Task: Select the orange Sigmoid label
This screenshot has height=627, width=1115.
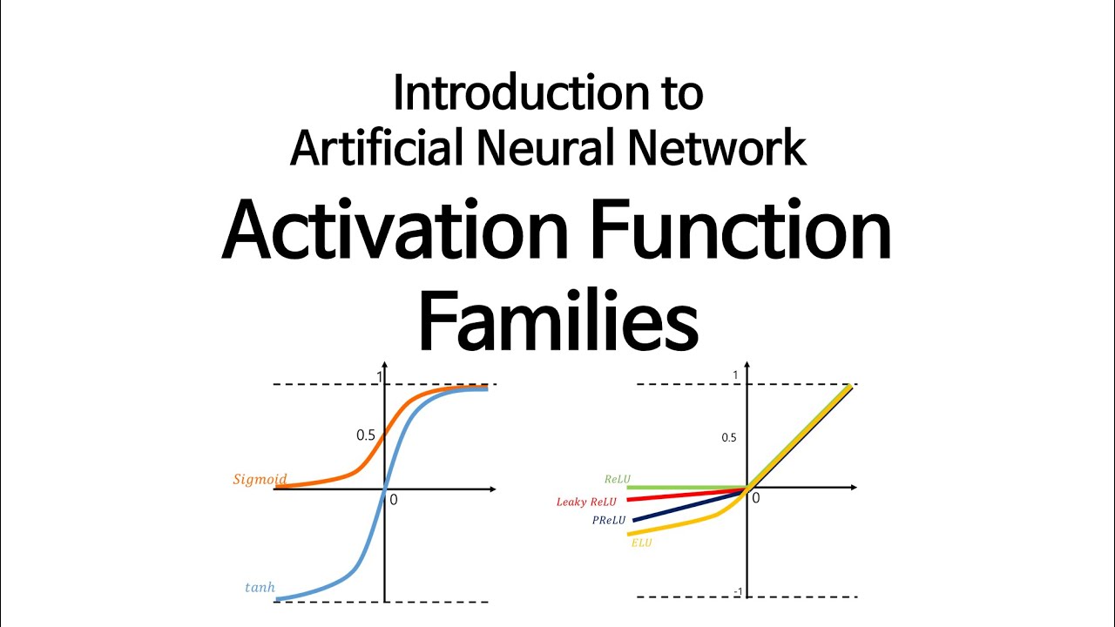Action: coord(260,480)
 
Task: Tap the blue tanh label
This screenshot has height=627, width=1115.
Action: coord(260,588)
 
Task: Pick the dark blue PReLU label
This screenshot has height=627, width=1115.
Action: coord(610,521)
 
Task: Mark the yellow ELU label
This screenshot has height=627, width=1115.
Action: coord(641,543)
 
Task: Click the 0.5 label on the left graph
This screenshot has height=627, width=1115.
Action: coord(366,435)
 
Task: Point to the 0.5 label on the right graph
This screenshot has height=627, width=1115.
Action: coord(729,437)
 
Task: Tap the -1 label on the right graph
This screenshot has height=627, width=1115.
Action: coord(737,593)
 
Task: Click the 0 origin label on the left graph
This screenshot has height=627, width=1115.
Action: coord(393,501)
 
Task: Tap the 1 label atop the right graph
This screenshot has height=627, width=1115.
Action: coord(735,375)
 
